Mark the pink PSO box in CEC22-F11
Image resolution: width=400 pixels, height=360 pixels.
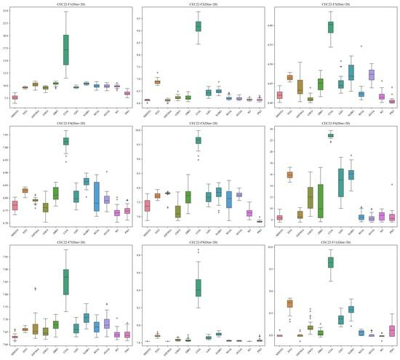coord(392,331)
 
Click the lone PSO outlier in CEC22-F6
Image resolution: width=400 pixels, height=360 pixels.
coord(392,185)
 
